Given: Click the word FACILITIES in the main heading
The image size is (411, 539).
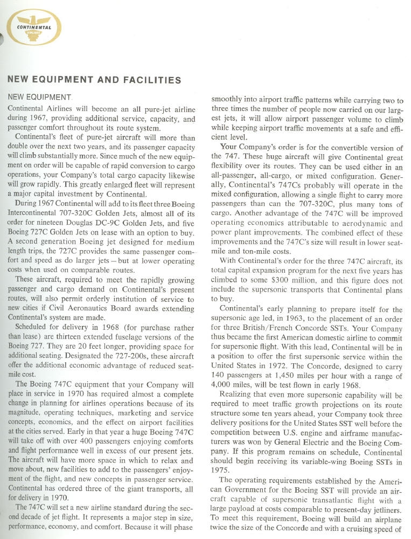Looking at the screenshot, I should [152, 80].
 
